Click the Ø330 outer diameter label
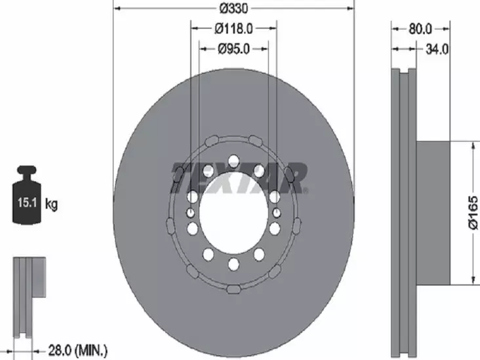233,9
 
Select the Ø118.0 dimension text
233,28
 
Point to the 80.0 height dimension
420,28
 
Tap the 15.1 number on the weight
26,203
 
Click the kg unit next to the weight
52,204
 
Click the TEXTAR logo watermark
239,178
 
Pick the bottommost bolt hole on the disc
233,264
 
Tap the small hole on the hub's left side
190,212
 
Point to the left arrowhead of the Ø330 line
118,9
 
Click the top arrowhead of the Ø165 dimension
471,146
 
